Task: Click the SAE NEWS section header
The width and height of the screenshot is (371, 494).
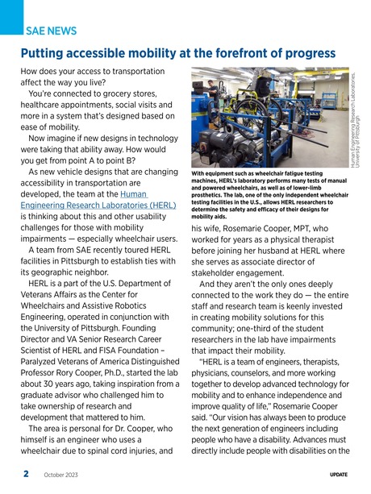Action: (x=52, y=31)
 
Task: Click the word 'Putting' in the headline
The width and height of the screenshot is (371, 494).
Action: (x=47, y=54)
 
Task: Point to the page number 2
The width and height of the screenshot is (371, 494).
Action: (x=26, y=474)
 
